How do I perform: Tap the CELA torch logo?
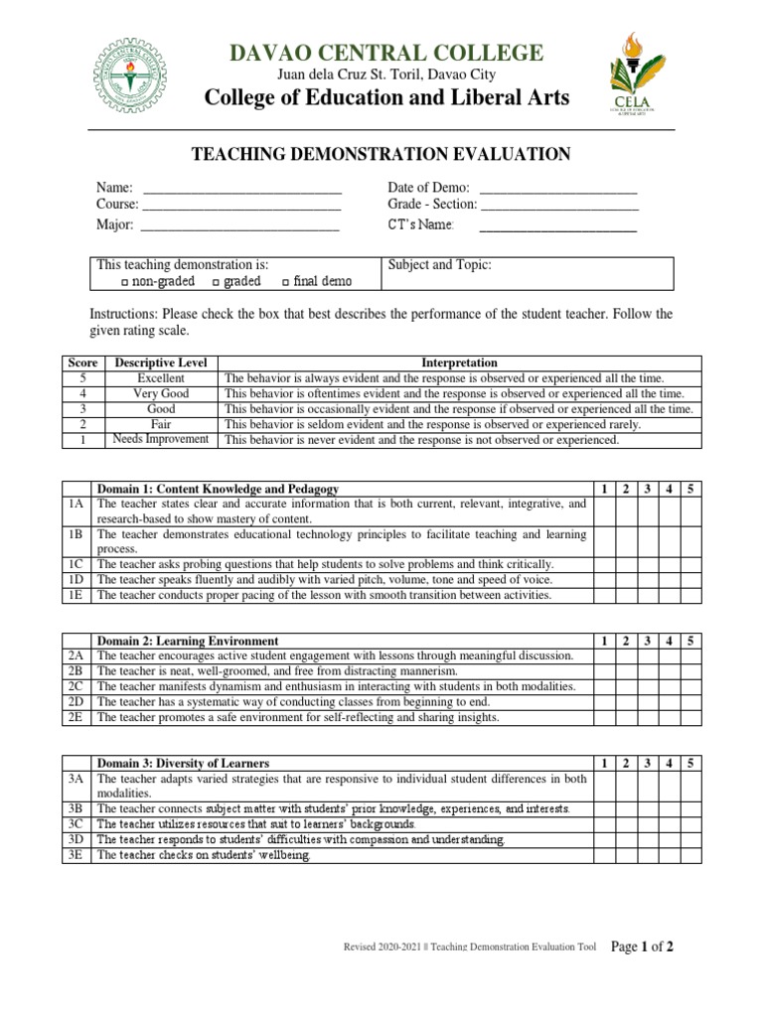[x=632, y=77]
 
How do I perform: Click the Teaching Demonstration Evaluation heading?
[x=381, y=153]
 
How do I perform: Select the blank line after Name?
[x=242, y=189]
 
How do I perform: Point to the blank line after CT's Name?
[x=557, y=227]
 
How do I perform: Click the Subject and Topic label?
[x=439, y=265]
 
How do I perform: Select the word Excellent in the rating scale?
[x=161, y=378]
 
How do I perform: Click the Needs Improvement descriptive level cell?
[x=161, y=439]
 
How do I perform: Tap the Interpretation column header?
[x=459, y=363]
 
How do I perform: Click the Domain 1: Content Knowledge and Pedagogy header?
[x=218, y=490]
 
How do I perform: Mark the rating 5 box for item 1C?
[x=690, y=564]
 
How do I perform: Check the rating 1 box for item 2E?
[x=603, y=717]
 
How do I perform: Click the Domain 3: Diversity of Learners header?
[x=183, y=763]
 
